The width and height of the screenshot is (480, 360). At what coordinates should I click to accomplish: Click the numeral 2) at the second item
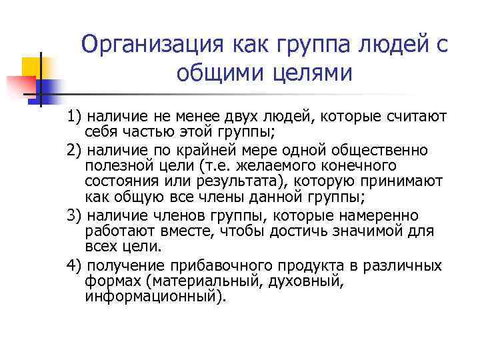pyautogui.click(x=75, y=151)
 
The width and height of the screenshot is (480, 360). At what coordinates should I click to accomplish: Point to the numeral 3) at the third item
pyautogui.click(x=75, y=216)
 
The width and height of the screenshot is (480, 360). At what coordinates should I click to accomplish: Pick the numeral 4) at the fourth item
pyautogui.click(x=75, y=265)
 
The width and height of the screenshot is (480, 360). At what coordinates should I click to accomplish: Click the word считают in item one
pyautogui.click(x=421, y=118)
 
